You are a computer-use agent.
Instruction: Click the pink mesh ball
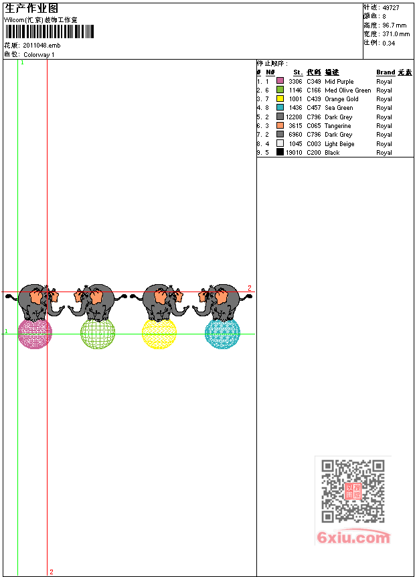35,333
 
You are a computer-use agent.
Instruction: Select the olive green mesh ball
98,333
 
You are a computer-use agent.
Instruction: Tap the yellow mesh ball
159,333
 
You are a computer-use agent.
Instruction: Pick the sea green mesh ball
222,333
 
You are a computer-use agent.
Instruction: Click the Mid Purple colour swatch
280,81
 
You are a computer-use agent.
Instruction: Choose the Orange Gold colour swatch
280,99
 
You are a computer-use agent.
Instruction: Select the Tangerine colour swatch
280,126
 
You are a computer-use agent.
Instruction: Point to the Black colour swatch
280,153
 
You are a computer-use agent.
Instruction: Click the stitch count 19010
295,153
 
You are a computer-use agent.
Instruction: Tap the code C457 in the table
314,108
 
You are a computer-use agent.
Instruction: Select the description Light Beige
339,144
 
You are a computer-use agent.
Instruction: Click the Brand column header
386,72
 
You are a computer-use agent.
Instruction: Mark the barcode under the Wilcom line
50,32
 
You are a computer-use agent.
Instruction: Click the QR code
353,491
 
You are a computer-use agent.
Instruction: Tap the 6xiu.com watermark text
353,537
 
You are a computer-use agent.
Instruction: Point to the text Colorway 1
39,54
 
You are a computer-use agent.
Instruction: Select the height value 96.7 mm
395,25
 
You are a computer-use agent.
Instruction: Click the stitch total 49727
390,7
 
